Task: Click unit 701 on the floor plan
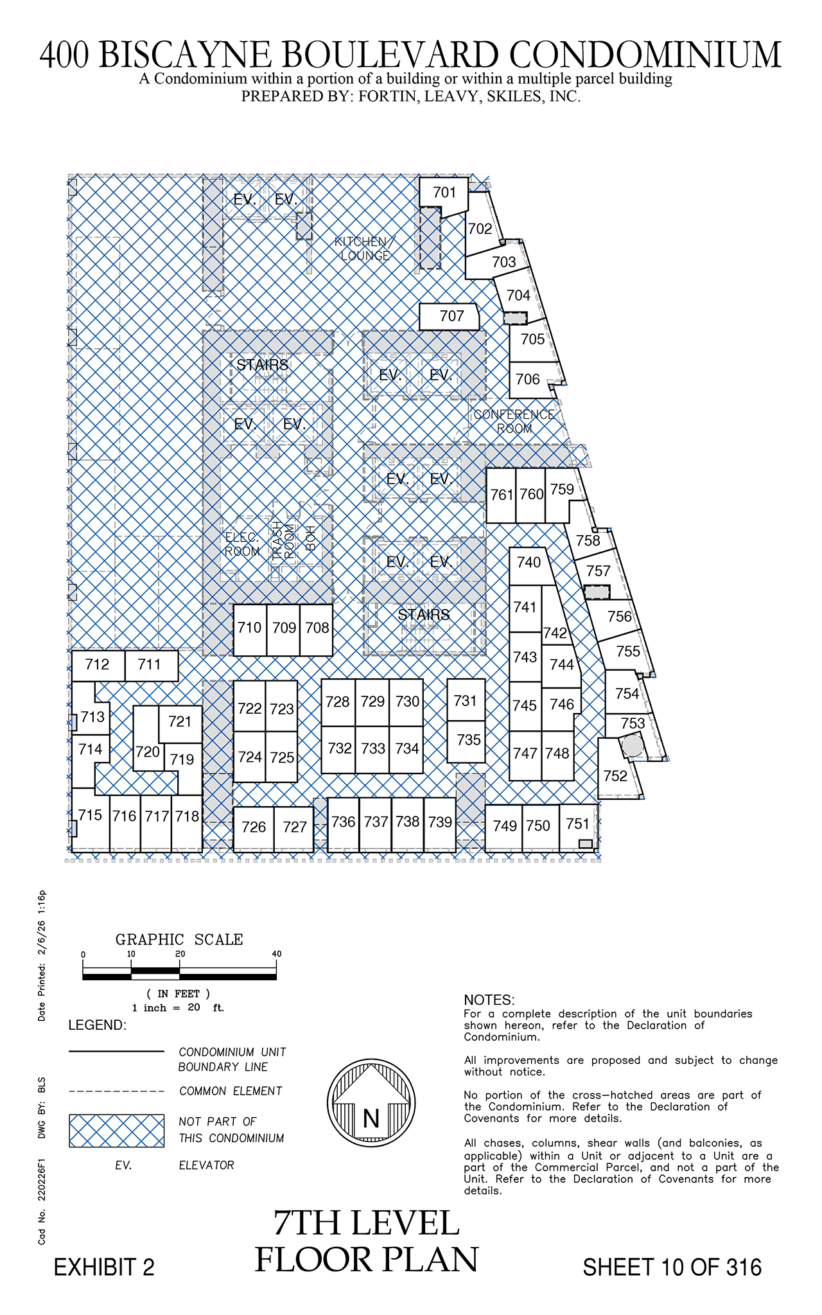444,193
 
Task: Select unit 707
450,316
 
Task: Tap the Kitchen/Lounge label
365,249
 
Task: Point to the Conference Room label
514,421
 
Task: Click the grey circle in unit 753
633,745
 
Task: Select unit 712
98,665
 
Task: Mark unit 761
501,495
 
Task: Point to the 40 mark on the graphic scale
277,954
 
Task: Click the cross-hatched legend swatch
117,1131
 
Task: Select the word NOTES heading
489,1000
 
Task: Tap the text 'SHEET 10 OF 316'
672,1267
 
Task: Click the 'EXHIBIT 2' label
104,1267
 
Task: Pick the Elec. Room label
242,544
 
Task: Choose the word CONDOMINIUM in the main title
645,55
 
